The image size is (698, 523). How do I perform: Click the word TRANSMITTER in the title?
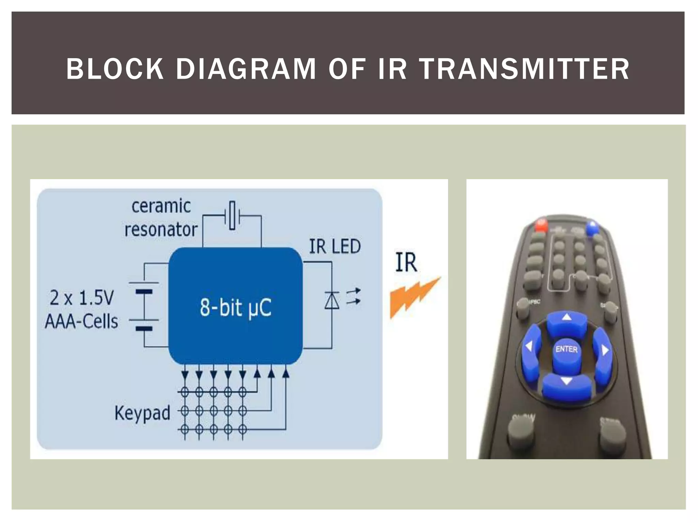pos(524,69)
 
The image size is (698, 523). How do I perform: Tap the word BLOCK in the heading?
pos(115,69)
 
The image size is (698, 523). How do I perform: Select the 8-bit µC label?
pos(236,307)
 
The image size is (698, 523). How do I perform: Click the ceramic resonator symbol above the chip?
pos(232,215)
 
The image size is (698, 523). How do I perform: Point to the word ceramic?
pos(161,206)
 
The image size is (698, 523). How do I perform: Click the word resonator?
pos(161,229)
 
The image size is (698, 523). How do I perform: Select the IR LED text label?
pos(335,247)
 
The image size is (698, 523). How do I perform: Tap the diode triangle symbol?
pos(332,301)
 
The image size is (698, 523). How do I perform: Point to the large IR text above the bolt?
pos(406,263)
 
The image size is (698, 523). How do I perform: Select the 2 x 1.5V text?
pos(82,298)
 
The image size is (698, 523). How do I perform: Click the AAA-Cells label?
pos(82,321)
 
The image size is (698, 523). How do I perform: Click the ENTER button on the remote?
pos(566,349)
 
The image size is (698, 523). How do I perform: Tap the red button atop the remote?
pos(541,225)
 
